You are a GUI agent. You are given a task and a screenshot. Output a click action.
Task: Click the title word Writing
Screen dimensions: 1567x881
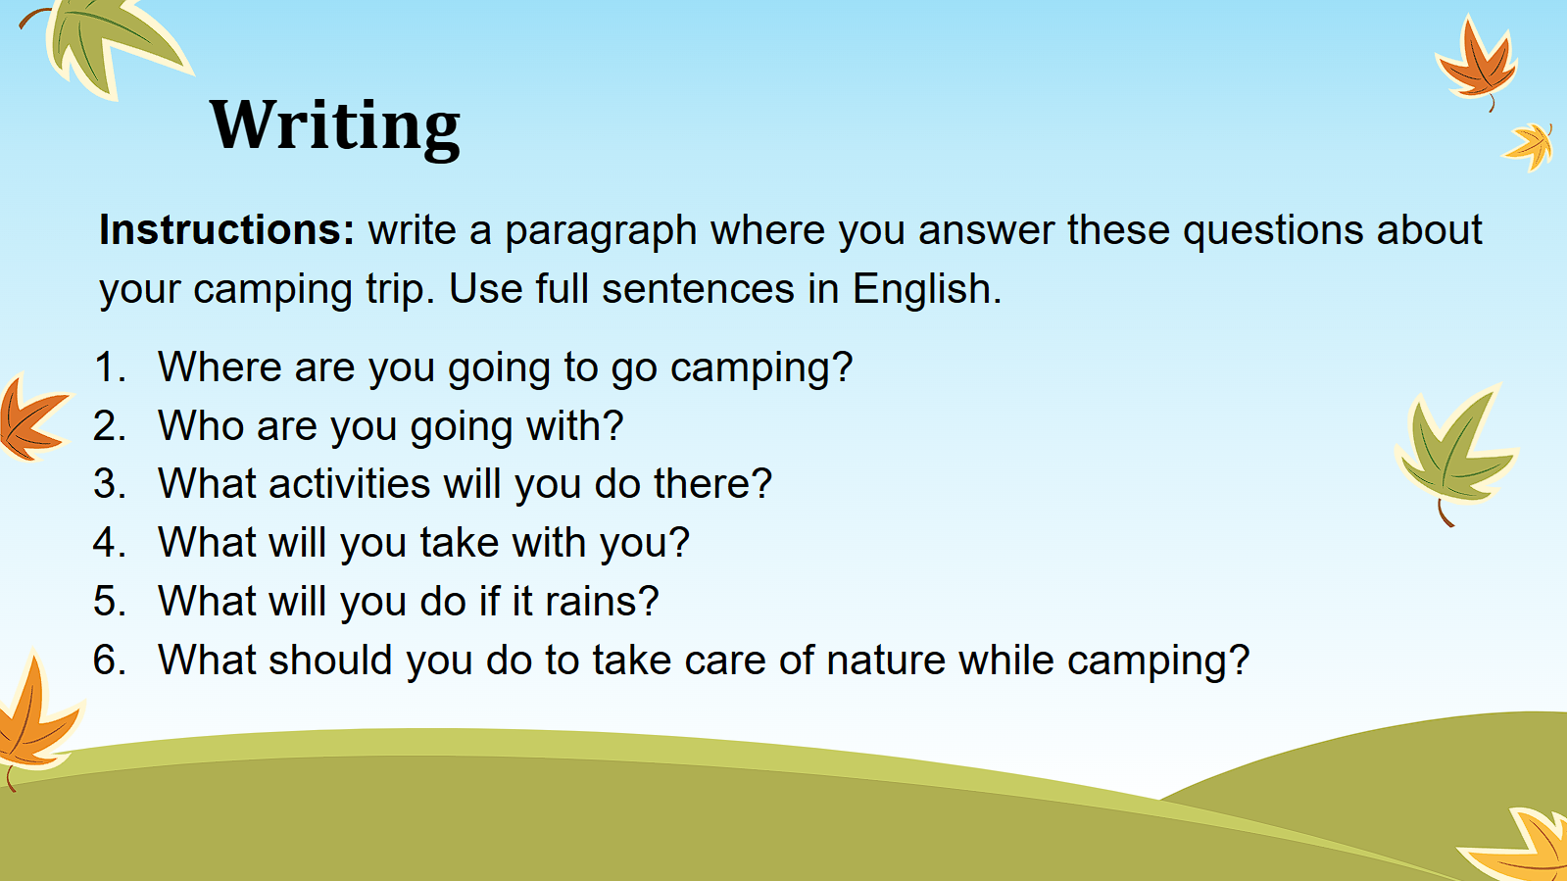click(x=334, y=126)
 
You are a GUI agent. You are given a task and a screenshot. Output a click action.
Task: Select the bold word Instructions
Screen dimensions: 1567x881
click(x=226, y=229)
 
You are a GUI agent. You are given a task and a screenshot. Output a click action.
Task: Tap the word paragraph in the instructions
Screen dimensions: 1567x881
click(x=601, y=231)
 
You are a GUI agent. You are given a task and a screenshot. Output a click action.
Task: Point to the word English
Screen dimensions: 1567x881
click(x=926, y=289)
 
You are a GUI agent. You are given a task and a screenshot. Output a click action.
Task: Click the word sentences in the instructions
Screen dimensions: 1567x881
click(x=698, y=290)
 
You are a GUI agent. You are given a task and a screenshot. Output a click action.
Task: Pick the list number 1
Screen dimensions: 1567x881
click(x=110, y=367)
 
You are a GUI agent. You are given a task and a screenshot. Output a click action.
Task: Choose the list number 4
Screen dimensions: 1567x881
click(x=110, y=542)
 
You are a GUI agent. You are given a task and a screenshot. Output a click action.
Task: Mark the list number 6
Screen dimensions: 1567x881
click(x=110, y=660)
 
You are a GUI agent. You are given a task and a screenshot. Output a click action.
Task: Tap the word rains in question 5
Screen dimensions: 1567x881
click(x=602, y=601)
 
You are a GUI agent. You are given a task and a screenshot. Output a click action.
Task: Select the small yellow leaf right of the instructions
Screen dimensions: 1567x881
click(x=1530, y=146)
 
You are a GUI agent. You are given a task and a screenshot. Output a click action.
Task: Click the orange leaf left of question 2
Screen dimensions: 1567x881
click(x=31, y=418)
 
